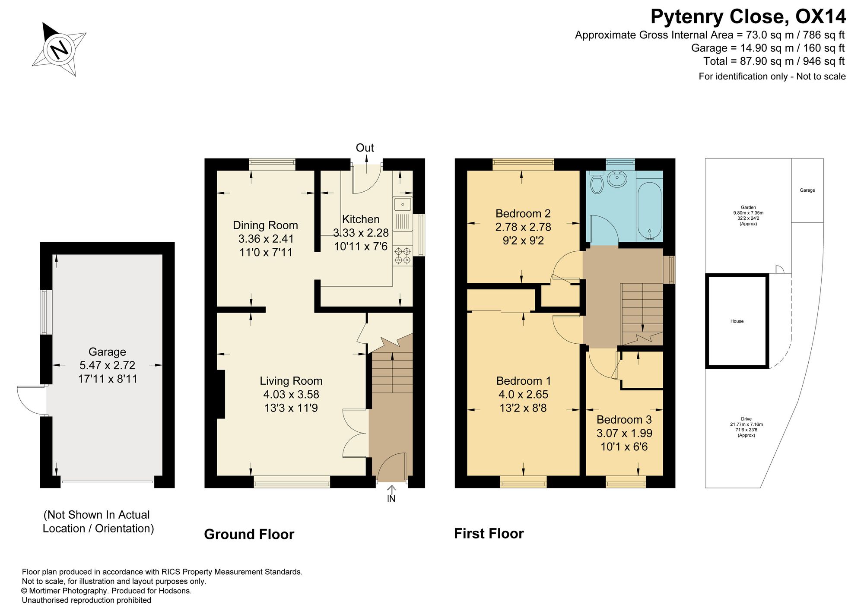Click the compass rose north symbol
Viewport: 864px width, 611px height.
pyautogui.click(x=59, y=49)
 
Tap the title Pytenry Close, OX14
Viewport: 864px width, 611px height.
pyautogui.click(x=748, y=17)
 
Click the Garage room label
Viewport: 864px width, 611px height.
pyautogui.click(x=107, y=352)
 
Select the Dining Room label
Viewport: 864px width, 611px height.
pyautogui.click(x=265, y=225)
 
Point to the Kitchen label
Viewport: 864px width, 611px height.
pyautogui.click(x=361, y=219)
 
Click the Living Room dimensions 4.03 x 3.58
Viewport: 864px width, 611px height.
pyautogui.click(x=291, y=394)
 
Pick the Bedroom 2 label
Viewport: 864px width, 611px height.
pyautogui.click(x=523, y=213)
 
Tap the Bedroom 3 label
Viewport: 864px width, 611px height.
pyautogui.click(x=624, y=420)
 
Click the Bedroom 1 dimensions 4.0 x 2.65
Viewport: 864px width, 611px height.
pyautogui.click(x=523, y=394)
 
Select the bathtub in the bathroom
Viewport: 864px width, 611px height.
pyautogui.click(x=649, y=212)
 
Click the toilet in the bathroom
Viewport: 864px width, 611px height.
pyautogui.click(x=597, y=182)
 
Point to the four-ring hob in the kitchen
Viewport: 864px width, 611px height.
pyautogui.click(x=403, y=255)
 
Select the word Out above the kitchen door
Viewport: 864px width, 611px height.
pyautogui.click(x=365, y=148)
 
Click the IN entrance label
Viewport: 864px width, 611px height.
pyautogui.click(x=391, y=499)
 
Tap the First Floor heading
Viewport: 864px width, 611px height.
pyautogui.click(x=489, y=534)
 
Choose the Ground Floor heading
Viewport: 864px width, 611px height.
pyautogui.click(x=249, y=535)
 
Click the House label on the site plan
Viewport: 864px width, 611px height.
pyautogui.click(x=737, y=321)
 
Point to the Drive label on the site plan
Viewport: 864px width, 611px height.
pyautogui.click(x=746, y=419)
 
